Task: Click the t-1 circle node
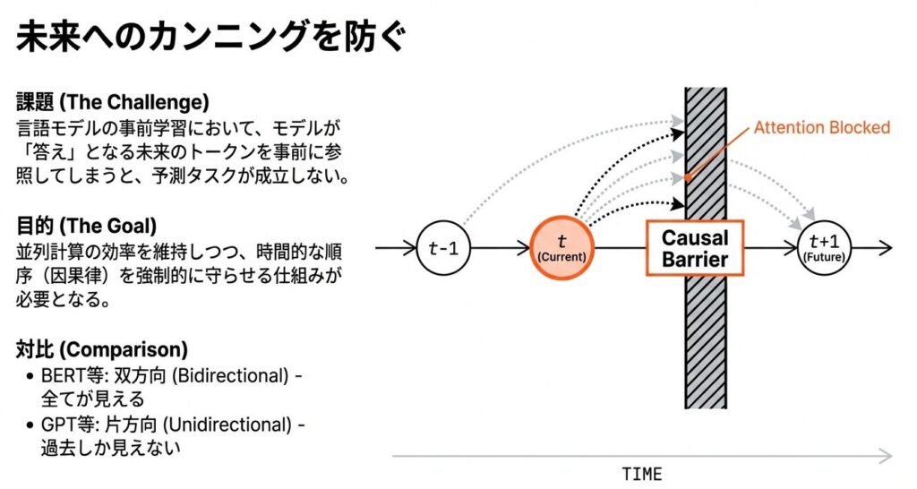click(x=442, y=247)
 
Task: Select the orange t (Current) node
click(x=561, y=247)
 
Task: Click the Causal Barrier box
click(x=694, y=248)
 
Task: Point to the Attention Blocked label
click(x=821, y=127)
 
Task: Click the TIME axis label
click(x=641, y=474)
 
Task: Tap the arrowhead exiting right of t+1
click(x=887, y=247)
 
